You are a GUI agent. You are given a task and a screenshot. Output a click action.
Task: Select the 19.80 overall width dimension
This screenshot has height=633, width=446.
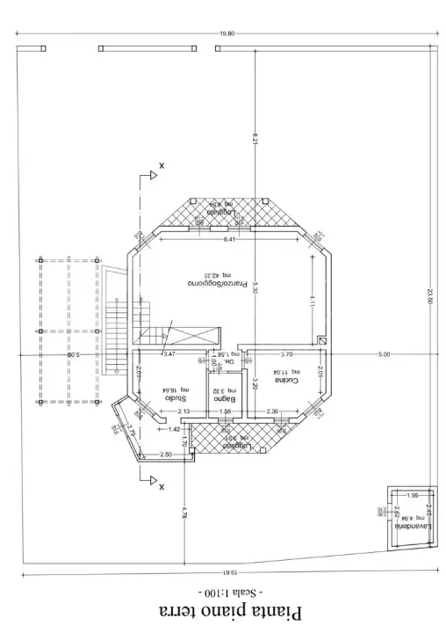coord(226,34)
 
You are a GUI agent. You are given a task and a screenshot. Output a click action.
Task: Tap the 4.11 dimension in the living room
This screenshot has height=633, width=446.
coord(312,300)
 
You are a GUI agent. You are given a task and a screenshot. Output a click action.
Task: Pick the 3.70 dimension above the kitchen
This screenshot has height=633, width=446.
coord(286,353)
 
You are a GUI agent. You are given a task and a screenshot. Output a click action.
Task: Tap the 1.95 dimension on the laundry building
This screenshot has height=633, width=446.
coord(412,496)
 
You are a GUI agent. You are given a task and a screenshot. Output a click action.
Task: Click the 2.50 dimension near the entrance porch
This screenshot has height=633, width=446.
coord(165,454)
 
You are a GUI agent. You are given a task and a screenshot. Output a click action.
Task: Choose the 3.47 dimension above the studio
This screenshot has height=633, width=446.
coord(169,353)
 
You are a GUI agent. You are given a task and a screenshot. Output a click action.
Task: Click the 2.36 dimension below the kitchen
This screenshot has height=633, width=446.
coord(272,411)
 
